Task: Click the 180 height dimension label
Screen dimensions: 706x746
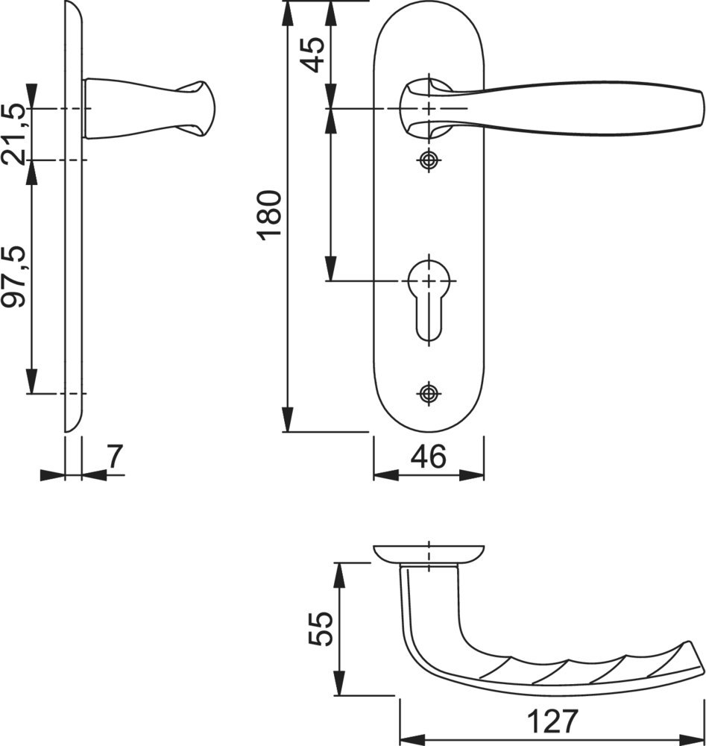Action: (x=269, y=215)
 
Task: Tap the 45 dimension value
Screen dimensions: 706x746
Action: (x=314, y=54)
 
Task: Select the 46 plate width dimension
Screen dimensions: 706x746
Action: (x=429, y=457)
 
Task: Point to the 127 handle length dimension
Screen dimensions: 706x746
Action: (x=552, y=721)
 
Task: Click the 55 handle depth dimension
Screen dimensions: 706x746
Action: (x=320, y=628)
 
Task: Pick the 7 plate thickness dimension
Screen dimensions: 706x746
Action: (x=115, y=457)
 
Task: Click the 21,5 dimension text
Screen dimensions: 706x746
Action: (x=13, y=134)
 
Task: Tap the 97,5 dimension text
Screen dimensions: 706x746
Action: (x=13, y=277)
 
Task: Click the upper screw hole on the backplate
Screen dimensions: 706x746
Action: (x=429, y=160)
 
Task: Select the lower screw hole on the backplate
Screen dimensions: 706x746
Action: (x=429, y=393)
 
